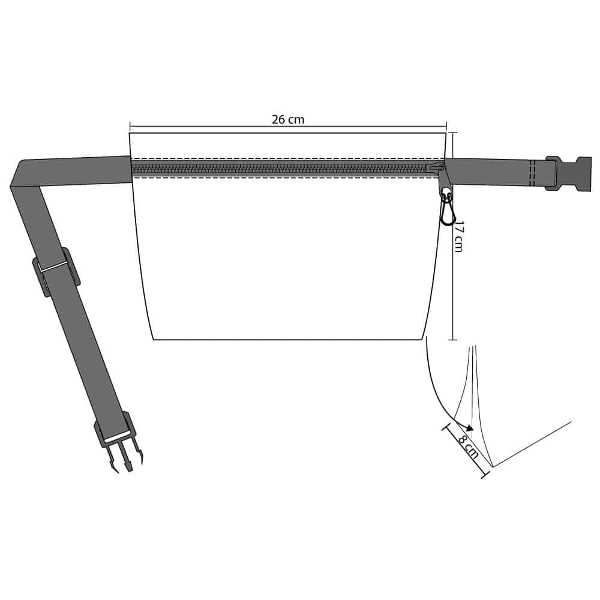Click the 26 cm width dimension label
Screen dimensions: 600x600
(288, 119)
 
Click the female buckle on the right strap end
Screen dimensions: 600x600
(569, 173)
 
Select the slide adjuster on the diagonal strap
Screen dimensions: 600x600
(56, 272)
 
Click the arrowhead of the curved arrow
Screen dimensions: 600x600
(469, 427)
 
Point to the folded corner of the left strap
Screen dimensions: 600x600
(20, 172)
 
